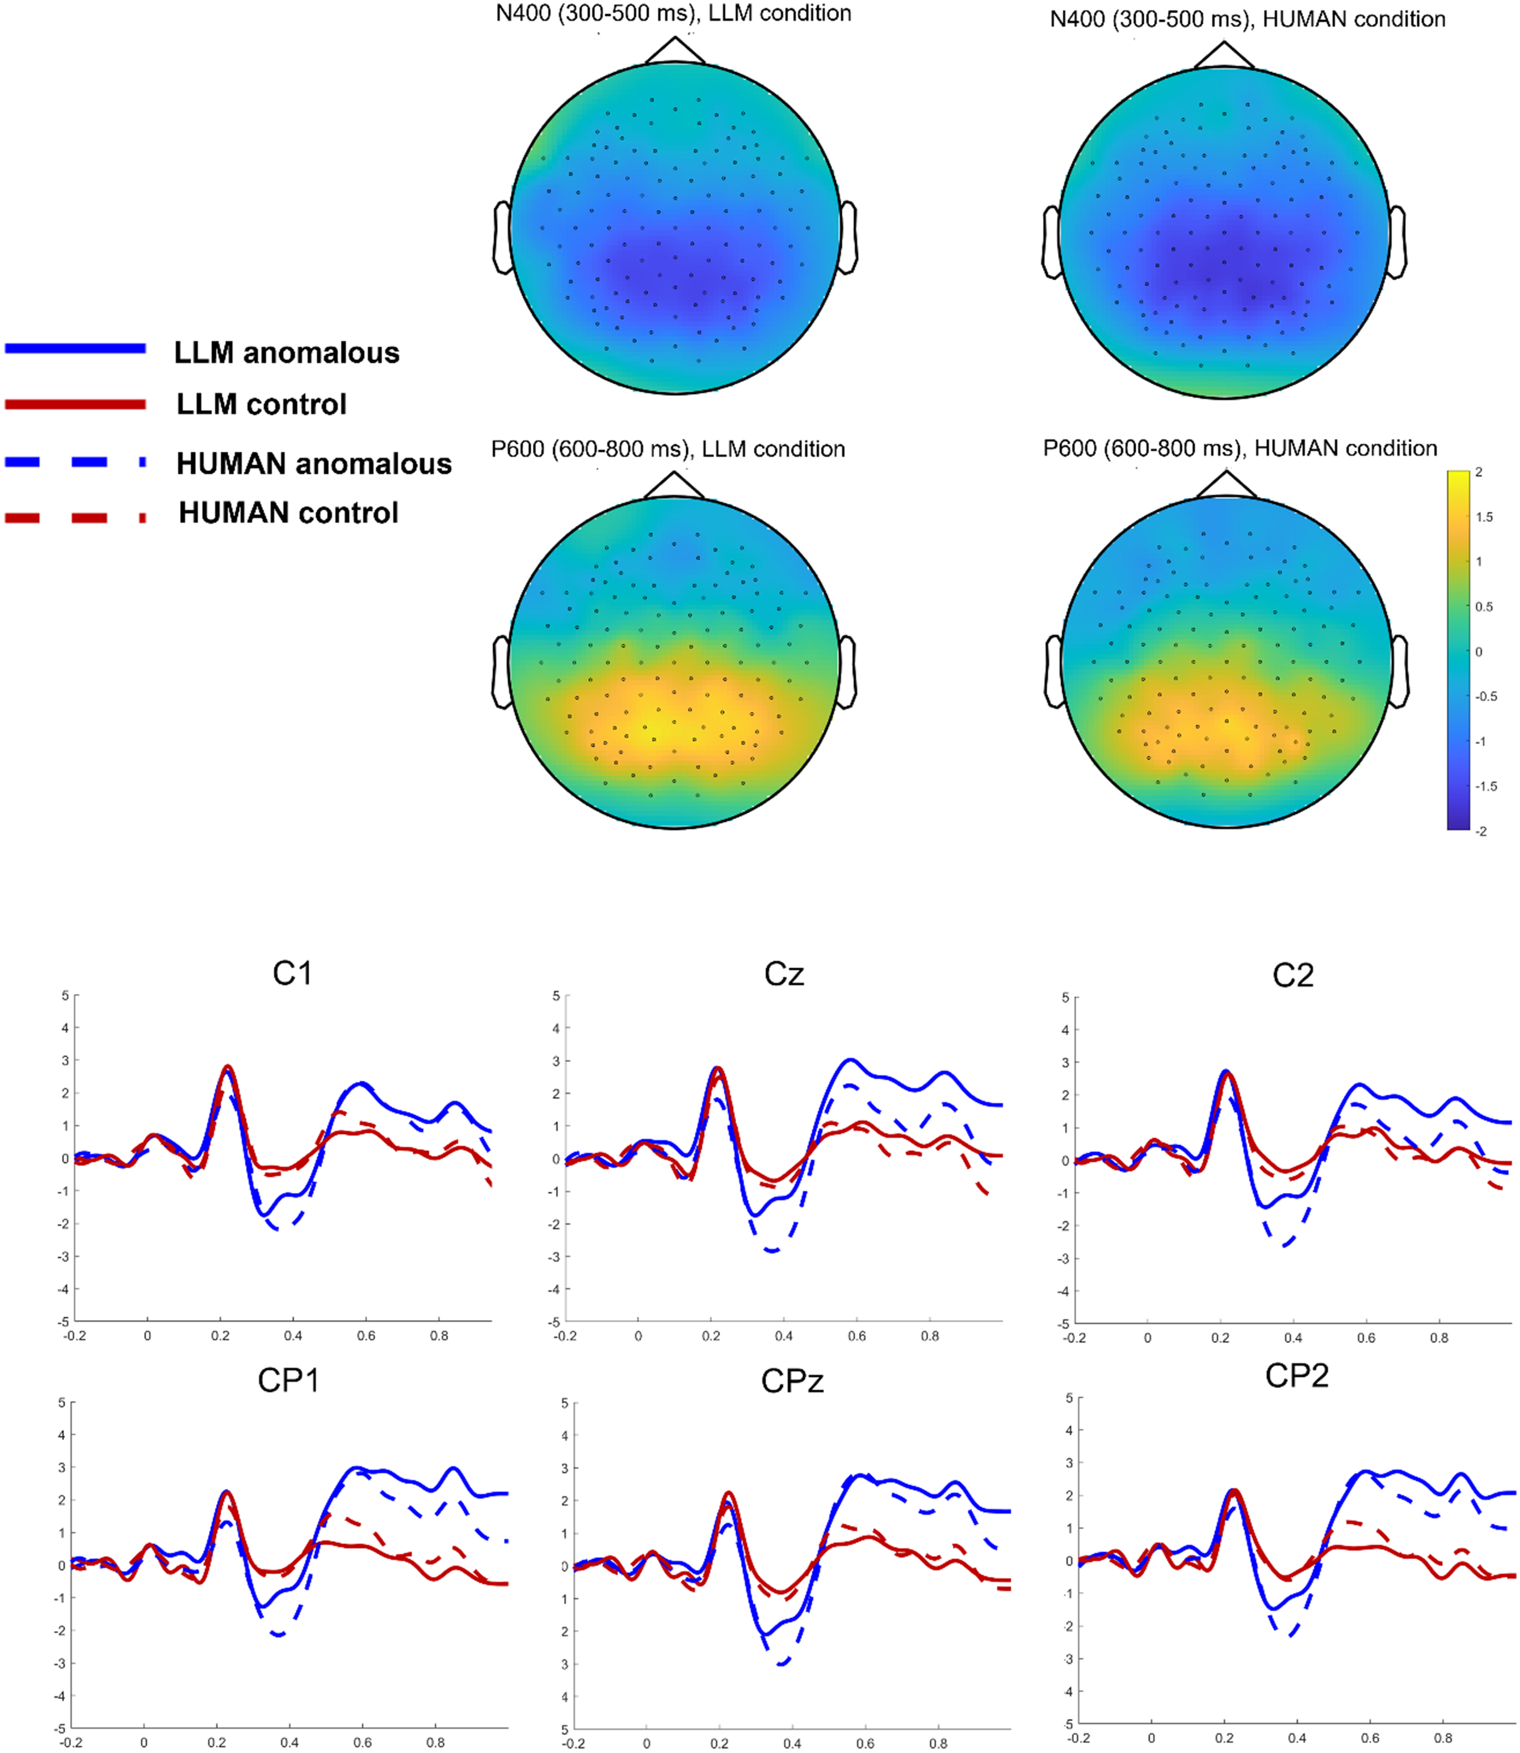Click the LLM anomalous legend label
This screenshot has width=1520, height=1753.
pyautogui.click(x=286, y=353)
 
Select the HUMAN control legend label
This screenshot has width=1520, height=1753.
pyautogui.click(x=288, y=513)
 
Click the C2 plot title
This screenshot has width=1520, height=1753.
pyautogui.click(x=1292, y=976)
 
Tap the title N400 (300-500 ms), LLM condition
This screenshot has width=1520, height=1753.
pyautogui.click(x=674, y=14)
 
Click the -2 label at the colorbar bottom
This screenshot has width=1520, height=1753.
pyautogui.click(x=1481, y=831)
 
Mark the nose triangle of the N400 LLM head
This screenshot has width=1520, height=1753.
pyautogui.click(x=675, y=51)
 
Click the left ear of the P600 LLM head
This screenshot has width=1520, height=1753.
pyautogui.click(x=501, y=672)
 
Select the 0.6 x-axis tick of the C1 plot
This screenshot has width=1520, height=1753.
pyautogui.click(x=366, y=1336)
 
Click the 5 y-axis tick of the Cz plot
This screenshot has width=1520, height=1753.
pyautogui.click(x=556, y=995)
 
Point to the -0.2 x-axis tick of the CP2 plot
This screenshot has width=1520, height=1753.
pyautogui.click(x=1079, y=1738)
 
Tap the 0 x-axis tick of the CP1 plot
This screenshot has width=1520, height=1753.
pyautogui.click(x=144, y=1743)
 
